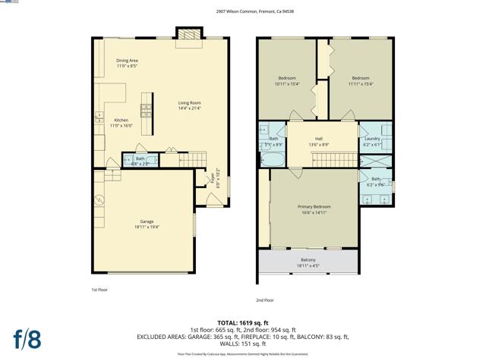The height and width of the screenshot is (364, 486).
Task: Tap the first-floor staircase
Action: pos(191,159)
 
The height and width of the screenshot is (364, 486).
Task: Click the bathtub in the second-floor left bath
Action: pos(270,160)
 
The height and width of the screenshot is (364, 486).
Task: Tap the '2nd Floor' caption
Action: pos(264,300)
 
